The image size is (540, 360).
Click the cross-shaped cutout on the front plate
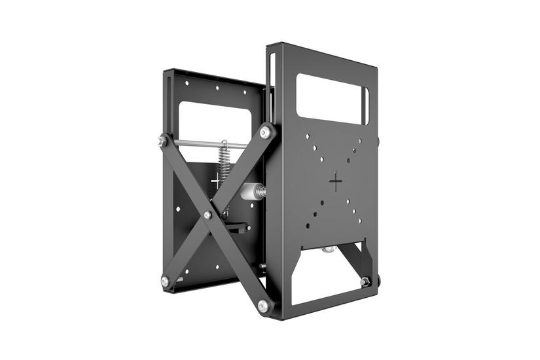tap(336, 181)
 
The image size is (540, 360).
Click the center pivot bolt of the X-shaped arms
tap(207, 215)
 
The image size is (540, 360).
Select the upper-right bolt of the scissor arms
tap(265, 132)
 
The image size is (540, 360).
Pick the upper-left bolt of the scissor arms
tap(162, 140)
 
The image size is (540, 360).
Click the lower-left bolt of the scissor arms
tap(165, 281)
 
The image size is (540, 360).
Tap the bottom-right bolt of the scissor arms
tap(263, 305)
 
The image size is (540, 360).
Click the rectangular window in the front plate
tap(331, 98)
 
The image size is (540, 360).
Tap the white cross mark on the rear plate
tap(217, 180)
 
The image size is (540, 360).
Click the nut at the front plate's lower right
tap(365, 281)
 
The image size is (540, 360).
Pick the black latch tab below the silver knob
tap(240, 227)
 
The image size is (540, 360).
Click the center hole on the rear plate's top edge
tap(217, 87)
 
